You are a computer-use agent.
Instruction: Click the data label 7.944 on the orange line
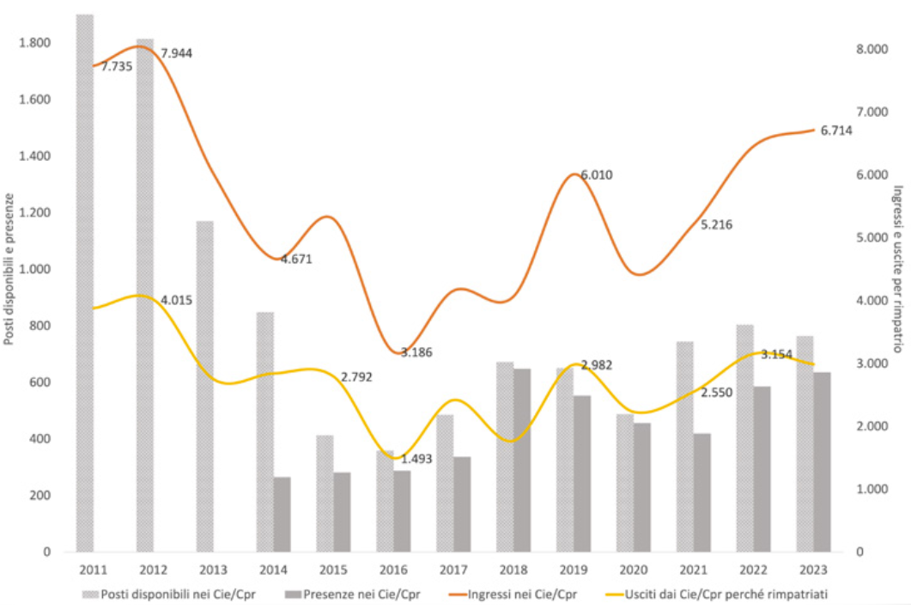(x=177, y=53)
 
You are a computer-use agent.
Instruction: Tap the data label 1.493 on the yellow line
(x=416, y=459)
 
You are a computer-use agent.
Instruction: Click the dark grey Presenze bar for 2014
(x=282, y=514)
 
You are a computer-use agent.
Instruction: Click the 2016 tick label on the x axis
(x=392, y=570)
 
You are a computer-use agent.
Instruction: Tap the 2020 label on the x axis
(x=633, y=570)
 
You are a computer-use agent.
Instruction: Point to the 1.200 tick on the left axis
(x=34, y=213)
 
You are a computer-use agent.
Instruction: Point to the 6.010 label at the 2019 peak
(x=597, y=175)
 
